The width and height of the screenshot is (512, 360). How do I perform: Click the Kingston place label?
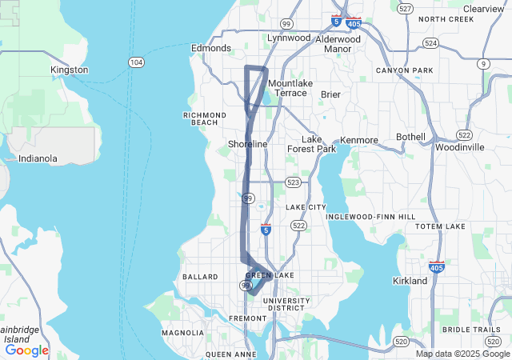pyautogui.click(x=69, y=70)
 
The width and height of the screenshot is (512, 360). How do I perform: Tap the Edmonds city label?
pyautogui.click(x=210, y=48)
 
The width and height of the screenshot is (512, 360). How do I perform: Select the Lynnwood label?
pyautogui.click(x=289, y=38)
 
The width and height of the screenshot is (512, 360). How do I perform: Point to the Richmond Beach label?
pyautogui.click(x=206, y=119)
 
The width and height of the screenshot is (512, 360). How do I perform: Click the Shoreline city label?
pyautogui.click(x=248, y=144)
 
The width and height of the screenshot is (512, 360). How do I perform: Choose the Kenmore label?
pyautogui.click(x=358, y=140)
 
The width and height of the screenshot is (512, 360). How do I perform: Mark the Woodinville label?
pyautogui.click(x=460, y=147)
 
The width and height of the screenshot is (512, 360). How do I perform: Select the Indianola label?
pyautogui.click(x=38, y=158)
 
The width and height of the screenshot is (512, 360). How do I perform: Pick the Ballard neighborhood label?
pyautogui.click(x=200, y=277)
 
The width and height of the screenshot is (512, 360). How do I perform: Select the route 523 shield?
pyautogui.click(x=294, y=183)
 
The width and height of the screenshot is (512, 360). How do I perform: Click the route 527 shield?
pyautogui.click(x=406, y=8)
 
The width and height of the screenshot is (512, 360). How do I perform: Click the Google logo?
pyautogui.click(x=26, y=350)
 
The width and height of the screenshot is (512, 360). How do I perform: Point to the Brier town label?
pyautogui.click(x=330, y=94)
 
